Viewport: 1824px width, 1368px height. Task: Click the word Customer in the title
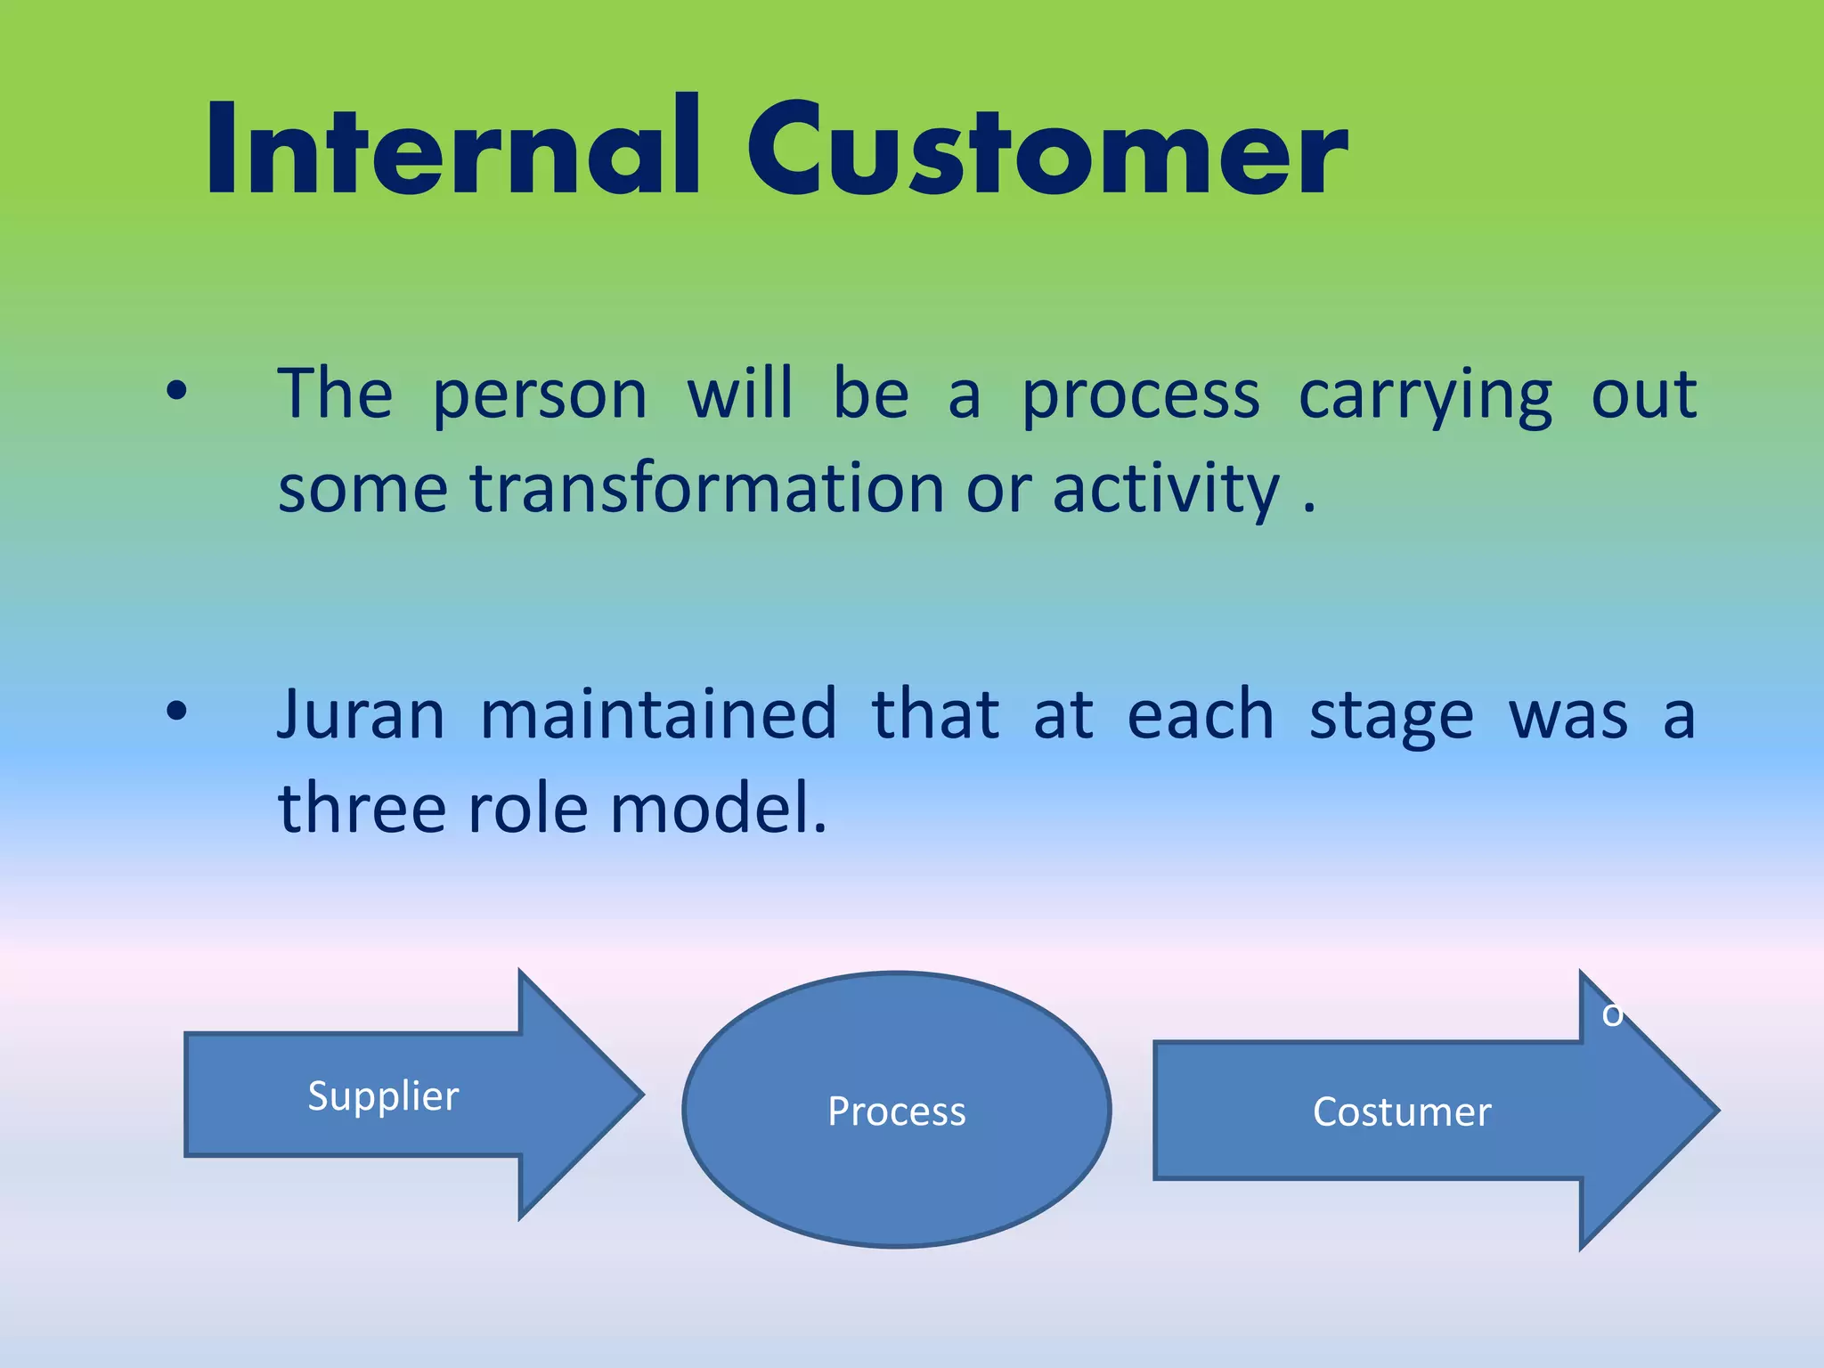(1047, 150)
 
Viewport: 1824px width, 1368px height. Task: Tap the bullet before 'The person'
(177, 391)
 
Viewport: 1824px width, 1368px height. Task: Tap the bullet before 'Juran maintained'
(177, 712)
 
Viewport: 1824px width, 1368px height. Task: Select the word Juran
(361, 715)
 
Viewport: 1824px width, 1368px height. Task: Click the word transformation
(706, 489)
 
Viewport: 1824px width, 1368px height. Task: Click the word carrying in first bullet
(1425, 397)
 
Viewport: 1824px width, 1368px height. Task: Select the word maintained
(658, 715)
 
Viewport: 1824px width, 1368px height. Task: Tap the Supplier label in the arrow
(383, 1095)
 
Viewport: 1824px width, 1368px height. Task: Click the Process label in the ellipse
(896, 1111)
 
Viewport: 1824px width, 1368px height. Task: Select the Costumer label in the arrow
(1401, 1112)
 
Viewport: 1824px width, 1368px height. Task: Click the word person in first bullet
(540, 397)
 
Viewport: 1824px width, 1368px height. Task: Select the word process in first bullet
(1141, 397)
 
